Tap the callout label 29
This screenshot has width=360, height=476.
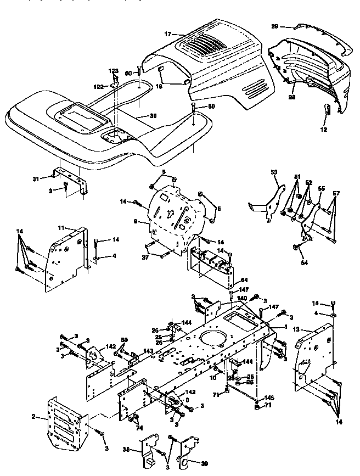[x=275, y=26]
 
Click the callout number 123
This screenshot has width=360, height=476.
[x=113, y=71]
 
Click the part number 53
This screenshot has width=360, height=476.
[x=274, y=172]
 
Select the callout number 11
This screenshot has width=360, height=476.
[x=61, y=227]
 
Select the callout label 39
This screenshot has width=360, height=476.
[x=205, y=464]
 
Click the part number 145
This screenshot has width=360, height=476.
[x=269, y=398]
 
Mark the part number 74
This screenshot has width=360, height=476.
[x=138, y=429]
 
